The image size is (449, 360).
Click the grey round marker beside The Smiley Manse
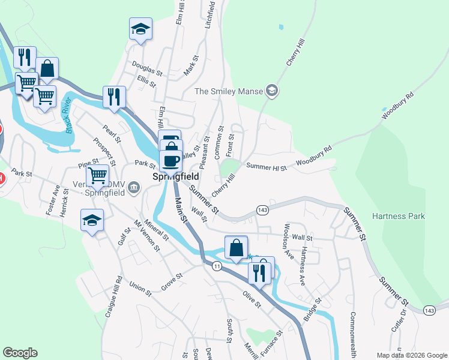coord(273,91)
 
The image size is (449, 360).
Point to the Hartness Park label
coord(398,216)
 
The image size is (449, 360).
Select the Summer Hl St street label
coord(267,166)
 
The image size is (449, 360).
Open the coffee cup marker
coord(170,161)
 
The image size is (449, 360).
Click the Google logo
coord(20,353)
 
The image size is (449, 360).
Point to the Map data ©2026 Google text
coord(411,355)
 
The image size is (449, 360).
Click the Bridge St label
coord(313,309)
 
